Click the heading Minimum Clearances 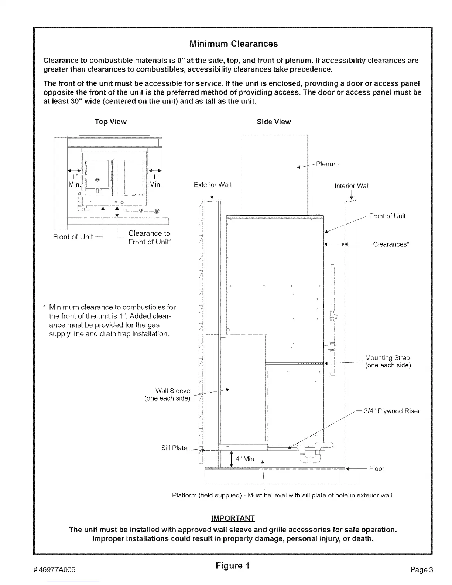pyautogui.click(x=233, y=44)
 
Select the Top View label pyautogui.click(x=110, y=122)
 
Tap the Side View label pyautogui.click(x=274, y=122)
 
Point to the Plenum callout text pyautogui.click(x=327, y=164)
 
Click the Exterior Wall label pyautogui.click(x=212, y=185)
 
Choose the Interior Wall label pyautogui.click(x=352, y=186)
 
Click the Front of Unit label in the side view pyautogui.click(x=387, y=216)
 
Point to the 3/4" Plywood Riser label pyautogui.click(x=392, y=411)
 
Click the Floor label pyautogui.click(x=377, y=469)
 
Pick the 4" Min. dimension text pyautogui.click(x=245, y=459)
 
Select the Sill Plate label pyautogui.click(x=174, y=448)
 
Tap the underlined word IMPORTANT pyautogui.click(x=233, y=518)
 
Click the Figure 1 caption pyautogui.click(x=233, y=565)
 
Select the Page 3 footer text pyautogui.click(x=421, y=569)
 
